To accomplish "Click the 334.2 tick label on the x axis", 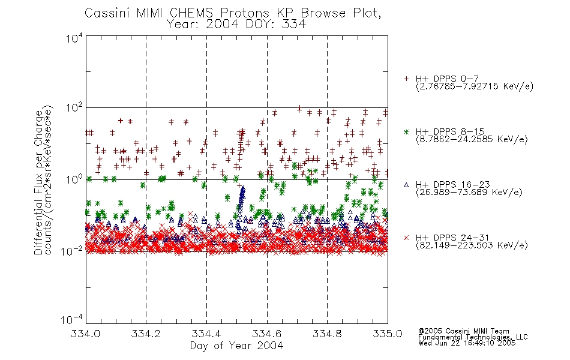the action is tap(146, 334).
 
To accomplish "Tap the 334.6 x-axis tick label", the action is tap(267, 334).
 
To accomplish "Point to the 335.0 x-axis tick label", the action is tap(388, 334).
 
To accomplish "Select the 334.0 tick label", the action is tap(85, 334).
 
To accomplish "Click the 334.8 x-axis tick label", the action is tap(327, 334).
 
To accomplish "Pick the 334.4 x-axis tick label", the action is tap(206, 334).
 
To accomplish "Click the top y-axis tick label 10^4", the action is tap(74, 38).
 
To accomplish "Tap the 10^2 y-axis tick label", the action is tap(74, 108).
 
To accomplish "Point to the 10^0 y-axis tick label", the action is tap(74, 179).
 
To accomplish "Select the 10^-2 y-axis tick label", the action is tap(72, 251).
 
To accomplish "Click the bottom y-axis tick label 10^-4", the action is tap(72, 320).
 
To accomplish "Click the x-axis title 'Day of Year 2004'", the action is tap(236, 346).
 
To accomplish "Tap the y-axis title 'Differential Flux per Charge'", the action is tap(38, 182).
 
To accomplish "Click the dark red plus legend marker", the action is tap(406, 79).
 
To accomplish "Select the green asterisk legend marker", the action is tap(406, 131).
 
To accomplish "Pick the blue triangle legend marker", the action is tap(406, 185).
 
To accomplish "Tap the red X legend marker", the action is tap(406, 238).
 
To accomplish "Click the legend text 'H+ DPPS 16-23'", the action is tap(452, 184).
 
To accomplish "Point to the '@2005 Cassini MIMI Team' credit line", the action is tap(463, 331).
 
